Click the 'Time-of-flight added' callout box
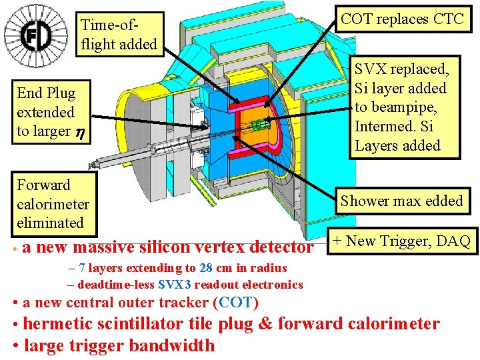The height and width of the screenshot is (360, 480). pos(119,35)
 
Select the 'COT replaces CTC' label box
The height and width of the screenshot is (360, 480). pos(402,19)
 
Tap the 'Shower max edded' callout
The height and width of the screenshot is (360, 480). pos(401,201)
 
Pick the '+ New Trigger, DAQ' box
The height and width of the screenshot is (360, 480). pos(401,241)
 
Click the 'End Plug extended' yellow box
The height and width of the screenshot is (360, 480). pos(47,112)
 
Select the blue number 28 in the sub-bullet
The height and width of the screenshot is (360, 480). pos(206,268)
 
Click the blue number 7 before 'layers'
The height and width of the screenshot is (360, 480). pos(81,268)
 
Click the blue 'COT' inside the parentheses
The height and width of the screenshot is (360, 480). pos(235,303)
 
